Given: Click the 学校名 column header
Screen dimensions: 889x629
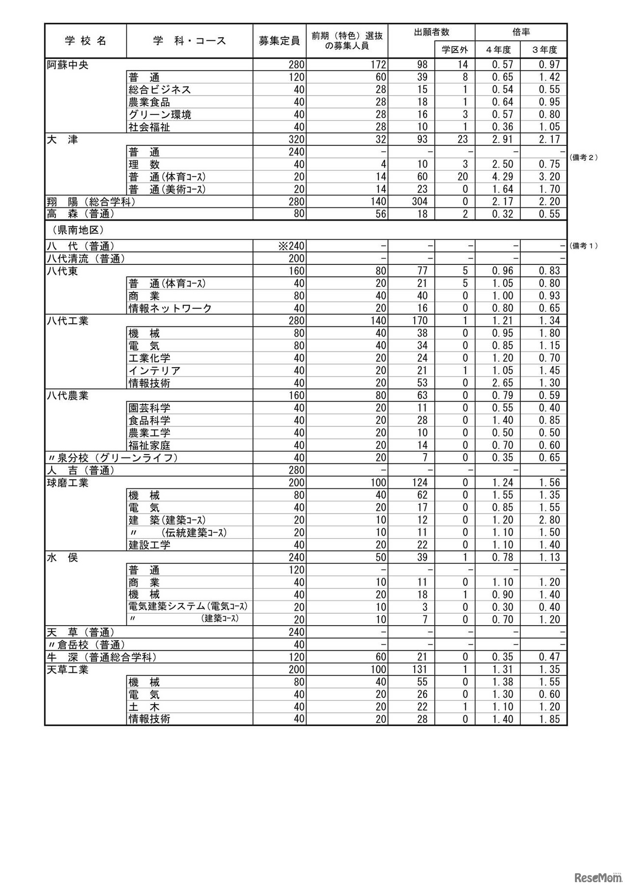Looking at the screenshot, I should (x=86, y=41).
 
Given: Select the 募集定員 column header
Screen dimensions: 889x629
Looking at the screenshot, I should (x=279, y=41).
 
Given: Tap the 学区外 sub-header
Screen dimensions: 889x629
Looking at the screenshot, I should (x=455, y=50).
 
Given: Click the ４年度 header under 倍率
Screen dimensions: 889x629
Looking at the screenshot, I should (x=497, y=50).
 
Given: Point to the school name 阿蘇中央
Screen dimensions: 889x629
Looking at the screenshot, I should (x=68, y=65).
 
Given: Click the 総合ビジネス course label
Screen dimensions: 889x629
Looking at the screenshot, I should (x=160, y=89).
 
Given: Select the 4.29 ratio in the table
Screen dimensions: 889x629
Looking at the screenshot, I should (x=502, y=177).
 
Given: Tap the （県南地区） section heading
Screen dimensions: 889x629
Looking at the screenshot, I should (x=76, y=230).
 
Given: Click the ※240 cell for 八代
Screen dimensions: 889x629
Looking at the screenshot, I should (x=291, y=246).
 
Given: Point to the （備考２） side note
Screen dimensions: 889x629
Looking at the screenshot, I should (x=583, y=157).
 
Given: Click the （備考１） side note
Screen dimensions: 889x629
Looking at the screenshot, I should (x=583, y=246).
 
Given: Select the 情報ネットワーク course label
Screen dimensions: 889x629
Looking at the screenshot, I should (x=170, y=308).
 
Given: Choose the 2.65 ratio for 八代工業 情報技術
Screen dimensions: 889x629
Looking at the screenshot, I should (x=502, y=383).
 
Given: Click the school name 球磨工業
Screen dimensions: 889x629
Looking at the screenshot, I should (x=68, y=483).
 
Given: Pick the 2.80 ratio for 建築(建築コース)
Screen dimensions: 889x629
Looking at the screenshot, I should (x=549, y=520).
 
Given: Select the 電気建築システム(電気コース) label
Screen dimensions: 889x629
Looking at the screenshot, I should (x=188, y=607).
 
